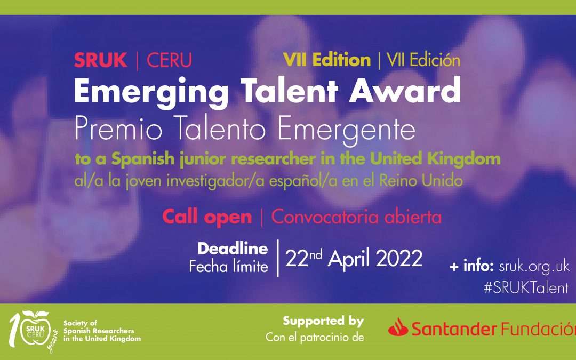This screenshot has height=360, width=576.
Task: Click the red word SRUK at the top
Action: point(100,60)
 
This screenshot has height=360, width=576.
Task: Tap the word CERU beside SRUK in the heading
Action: point(170,60)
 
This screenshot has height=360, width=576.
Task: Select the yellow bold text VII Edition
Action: point(327,60)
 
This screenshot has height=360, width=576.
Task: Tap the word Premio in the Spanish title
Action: point(118,129)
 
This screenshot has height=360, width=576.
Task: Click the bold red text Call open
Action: point(207,217)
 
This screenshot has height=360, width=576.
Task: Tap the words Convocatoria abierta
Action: point(356,217)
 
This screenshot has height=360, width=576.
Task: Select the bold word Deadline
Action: point(233,249)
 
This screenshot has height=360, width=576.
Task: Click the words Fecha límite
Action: point(228,266)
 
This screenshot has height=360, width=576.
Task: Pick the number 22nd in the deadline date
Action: point(303,258)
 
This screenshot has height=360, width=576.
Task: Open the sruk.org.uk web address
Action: point(534,266)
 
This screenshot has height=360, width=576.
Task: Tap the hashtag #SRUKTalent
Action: point(526,287)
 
